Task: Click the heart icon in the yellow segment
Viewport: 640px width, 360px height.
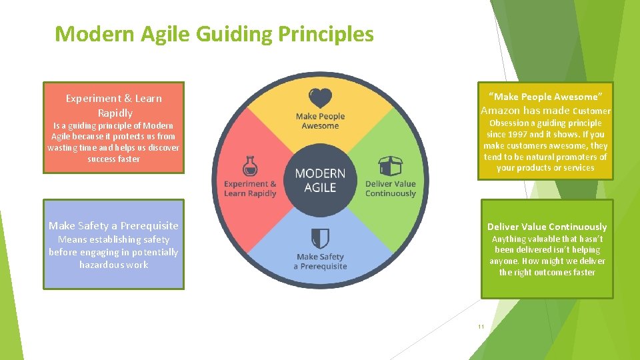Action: click(320, 98)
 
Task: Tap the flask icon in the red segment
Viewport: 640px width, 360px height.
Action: click(249, 167)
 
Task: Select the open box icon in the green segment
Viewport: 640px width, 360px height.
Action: click(390, 167)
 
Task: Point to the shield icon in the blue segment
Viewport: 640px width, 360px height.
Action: click(320, 238)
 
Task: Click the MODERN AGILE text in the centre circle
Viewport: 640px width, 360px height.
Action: click(320, 180)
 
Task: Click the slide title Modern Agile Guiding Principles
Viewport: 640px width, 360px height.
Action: click(214, 33)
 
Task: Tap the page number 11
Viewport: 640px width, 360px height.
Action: click(481, 327)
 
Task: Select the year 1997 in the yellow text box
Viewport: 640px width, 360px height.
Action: click(519, 134)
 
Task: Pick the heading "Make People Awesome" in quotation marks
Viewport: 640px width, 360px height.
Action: click(545, 97)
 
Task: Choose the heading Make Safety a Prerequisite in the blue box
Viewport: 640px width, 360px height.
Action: click(113, 225)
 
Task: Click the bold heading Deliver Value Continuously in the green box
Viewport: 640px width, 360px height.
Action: click(547, 227)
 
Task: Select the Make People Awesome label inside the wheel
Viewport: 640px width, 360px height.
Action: click(320, 121)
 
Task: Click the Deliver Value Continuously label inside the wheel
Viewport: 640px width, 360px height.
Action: click(390, 189)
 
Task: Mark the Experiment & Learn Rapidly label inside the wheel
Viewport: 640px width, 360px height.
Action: click(250, 189)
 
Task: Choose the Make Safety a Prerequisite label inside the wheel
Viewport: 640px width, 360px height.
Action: click(320, 261)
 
